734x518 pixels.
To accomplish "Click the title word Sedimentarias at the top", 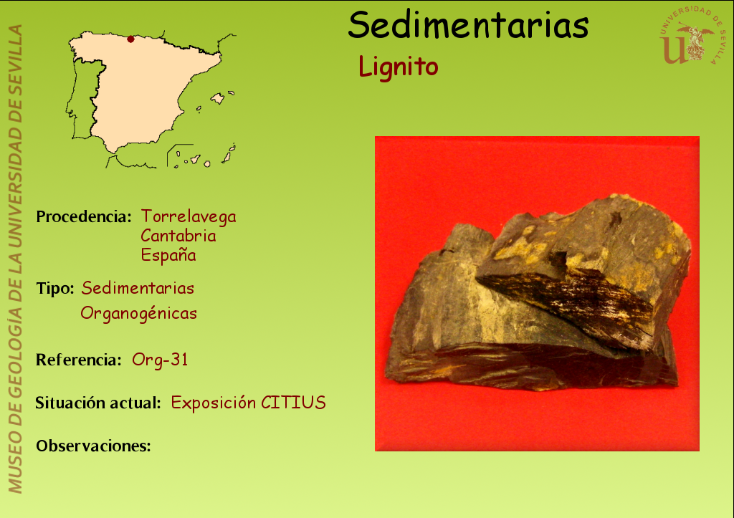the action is pyautogui.click(x=468, y=25).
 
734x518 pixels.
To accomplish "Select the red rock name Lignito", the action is pyautogui.click(x=399, y=67).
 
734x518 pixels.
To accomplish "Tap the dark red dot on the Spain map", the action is pyautogui.click(x=130, y=39).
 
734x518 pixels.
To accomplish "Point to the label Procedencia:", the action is pyautogui.click(x=84, y=216).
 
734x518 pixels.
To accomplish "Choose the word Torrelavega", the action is pyautogui.click(x=189, y=216).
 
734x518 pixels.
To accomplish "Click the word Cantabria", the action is pyautogui.click(x=178, y=236).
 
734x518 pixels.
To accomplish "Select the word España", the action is pyautogui.click(x=168, y=255).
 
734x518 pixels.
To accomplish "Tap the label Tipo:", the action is pyautogui.click(x=55, y=288).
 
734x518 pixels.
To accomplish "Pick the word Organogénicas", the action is pyautogui.click(x=138, y=313).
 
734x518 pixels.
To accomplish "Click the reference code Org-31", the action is pyautogui.click(x=160, y=360).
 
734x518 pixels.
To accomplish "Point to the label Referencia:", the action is pyautogui.click(x=79, y=360).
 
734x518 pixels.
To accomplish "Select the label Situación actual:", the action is pyautogui.click(x=98, y=403).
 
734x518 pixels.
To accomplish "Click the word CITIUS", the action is pyautogui.click(x=293, y=403).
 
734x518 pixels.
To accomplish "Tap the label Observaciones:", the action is pyautogui.click(x=94, y=446).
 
